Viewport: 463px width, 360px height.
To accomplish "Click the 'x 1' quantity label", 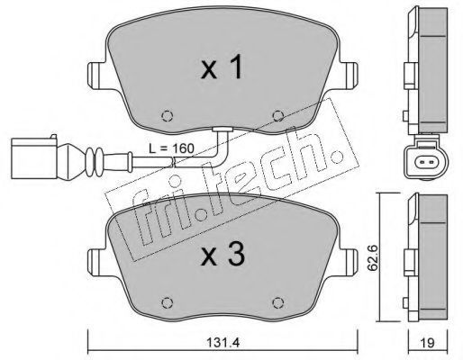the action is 222,68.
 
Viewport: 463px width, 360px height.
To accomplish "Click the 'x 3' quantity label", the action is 222,255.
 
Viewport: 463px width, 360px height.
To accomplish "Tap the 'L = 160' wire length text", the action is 172,148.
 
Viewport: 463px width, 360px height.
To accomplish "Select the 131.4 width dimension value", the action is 223,343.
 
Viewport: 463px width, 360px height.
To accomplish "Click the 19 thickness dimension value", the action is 428,343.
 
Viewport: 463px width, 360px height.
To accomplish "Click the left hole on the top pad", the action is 168,116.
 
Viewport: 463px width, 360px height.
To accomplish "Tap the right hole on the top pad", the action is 278,116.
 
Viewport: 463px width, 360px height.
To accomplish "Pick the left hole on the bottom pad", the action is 168,302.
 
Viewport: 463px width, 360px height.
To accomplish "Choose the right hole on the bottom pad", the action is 278,302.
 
